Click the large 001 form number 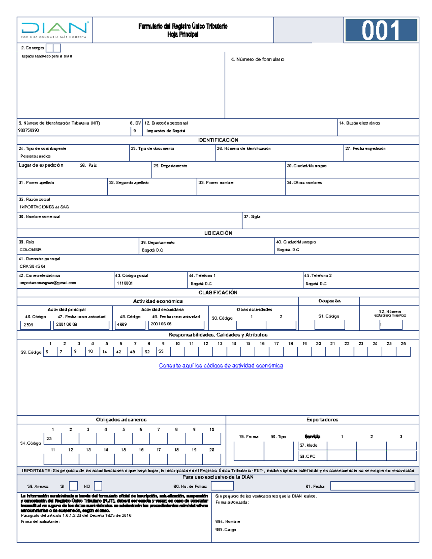coord(381,30)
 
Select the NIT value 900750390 coord(29,130)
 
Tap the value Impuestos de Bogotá coord(166,131)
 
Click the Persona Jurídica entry coord(35,156)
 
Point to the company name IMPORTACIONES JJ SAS coord(44,207)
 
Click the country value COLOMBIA coord(31,249)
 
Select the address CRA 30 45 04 coord(32,266)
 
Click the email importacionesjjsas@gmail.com coord(48,283)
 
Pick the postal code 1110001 coord(125,283)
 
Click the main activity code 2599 coord(28,325)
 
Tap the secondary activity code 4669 coord(122,325)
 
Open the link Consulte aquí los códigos coord(221,366)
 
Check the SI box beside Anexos coord(73,486)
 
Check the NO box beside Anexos coord(98,486)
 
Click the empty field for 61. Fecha coord(372,486)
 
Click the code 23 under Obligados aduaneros coord(49,439)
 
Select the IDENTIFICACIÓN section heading coord(218,140)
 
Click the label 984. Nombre coord(228,521)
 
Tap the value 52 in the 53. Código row coord(147,352)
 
